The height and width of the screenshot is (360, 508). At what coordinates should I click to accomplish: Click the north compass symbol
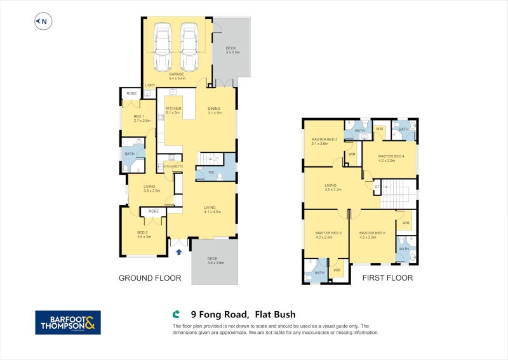42,22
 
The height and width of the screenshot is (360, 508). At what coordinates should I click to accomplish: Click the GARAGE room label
176,74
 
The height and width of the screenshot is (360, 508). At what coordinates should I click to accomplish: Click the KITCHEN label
173,109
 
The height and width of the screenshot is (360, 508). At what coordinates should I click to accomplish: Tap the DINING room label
214,109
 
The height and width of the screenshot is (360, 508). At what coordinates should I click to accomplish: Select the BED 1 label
139,117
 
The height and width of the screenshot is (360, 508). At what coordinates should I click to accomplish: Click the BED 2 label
143,233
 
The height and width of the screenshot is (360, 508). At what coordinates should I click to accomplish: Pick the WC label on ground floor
210,172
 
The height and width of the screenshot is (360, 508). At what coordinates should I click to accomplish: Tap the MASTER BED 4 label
391,156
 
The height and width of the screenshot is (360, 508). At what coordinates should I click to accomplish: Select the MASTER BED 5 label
328,233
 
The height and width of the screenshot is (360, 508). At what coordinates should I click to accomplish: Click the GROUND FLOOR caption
150,278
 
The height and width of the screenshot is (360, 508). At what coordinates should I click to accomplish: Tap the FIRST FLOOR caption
387,278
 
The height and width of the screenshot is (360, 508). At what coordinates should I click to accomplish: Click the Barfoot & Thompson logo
67,323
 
